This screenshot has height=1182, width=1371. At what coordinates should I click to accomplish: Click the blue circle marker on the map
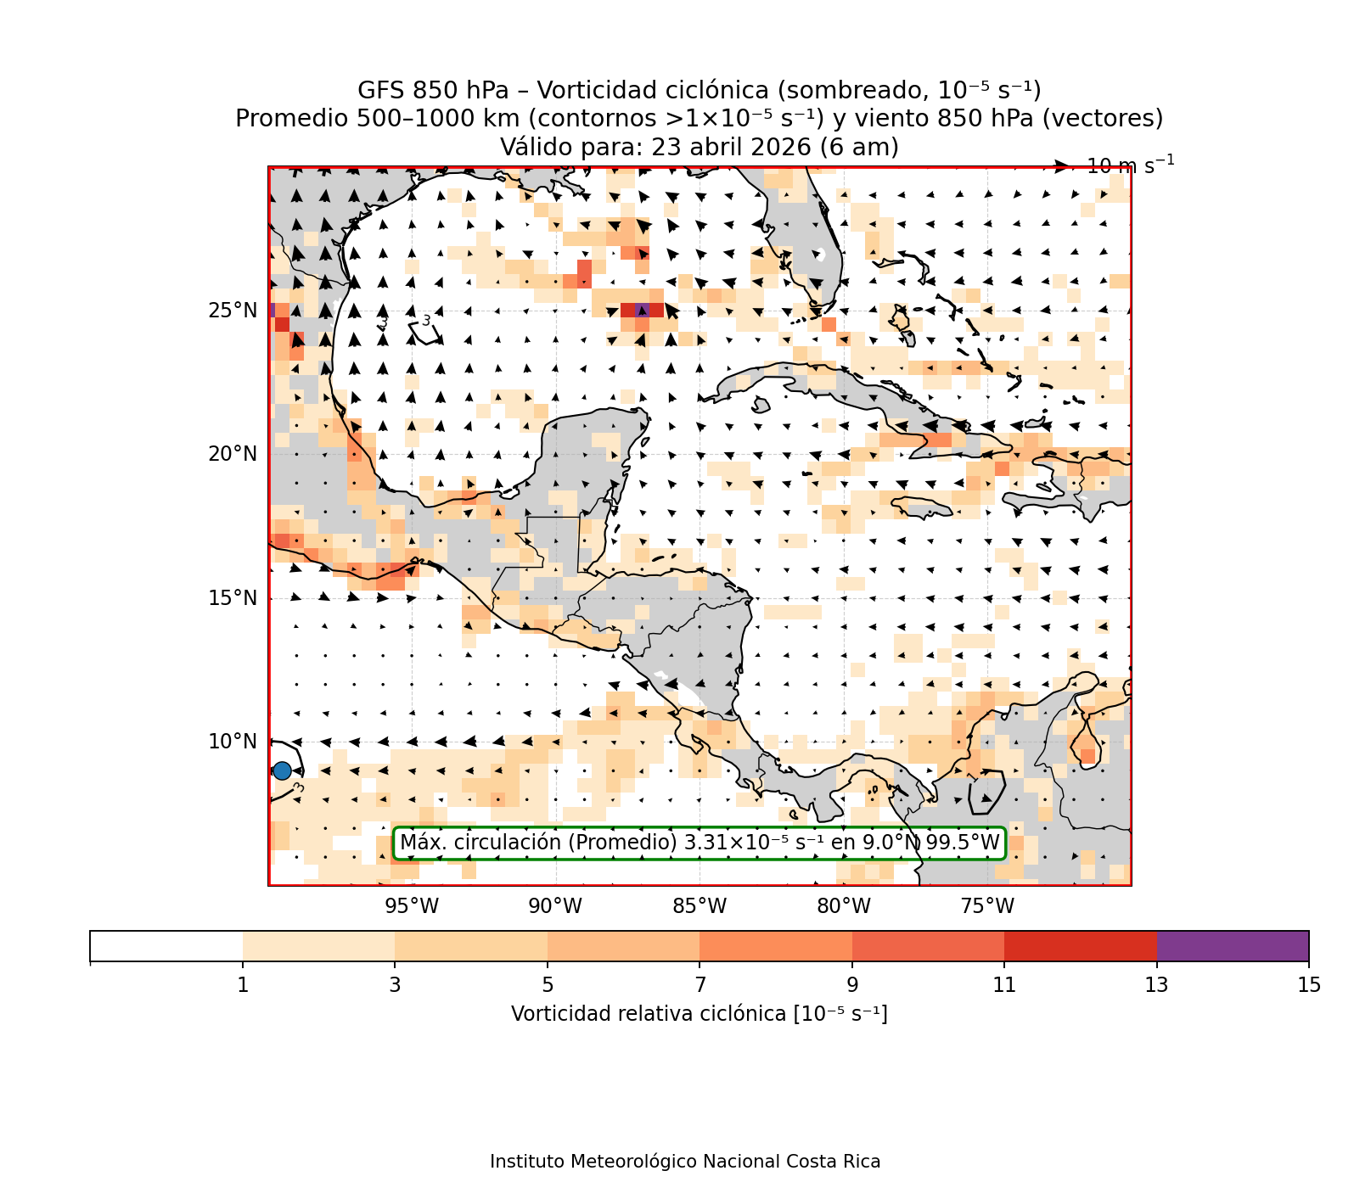(x=282, y=770)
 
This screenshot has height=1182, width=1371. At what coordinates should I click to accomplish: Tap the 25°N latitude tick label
(x=233, y=311)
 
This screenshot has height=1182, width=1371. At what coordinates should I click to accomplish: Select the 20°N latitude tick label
(x=233, y=454)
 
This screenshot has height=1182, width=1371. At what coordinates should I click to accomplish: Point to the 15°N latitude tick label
(x=233, y=598)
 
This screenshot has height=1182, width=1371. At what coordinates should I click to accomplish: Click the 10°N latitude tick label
(x=233, y=742)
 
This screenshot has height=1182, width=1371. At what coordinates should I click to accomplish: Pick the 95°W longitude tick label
(x=412, y=906)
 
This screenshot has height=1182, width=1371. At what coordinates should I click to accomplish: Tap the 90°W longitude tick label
(x=556, y=906)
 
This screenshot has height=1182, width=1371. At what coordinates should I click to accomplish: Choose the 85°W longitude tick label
(x=700, y=906)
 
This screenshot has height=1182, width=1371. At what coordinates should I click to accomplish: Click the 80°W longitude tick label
(x=844, y=906)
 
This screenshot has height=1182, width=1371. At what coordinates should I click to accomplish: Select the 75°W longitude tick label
(x=987, y=906)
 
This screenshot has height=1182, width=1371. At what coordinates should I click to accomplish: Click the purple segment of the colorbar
(x=1233, y=946)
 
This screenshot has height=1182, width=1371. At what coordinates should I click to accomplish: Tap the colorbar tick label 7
(x=700, y=985)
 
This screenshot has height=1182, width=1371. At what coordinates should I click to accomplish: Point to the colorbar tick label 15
(x=1309, y=985)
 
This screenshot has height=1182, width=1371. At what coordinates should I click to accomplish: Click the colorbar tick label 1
(x=243, y=985)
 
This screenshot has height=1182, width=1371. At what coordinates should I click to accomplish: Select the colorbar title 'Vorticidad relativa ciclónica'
(x=699, y=1014)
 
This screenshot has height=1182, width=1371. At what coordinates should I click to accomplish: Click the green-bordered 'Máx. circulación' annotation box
(x=700, y=843)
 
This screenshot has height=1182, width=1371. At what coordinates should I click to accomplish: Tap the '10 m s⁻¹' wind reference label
(x=1131, y=165)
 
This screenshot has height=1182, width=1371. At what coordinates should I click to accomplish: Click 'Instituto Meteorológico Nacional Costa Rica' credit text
(x=685, y=1162)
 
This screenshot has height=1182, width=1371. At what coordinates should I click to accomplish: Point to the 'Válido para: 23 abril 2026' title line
(x=699, y=148)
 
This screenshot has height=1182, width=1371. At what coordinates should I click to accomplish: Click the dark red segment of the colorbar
(x=1081, y=946)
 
